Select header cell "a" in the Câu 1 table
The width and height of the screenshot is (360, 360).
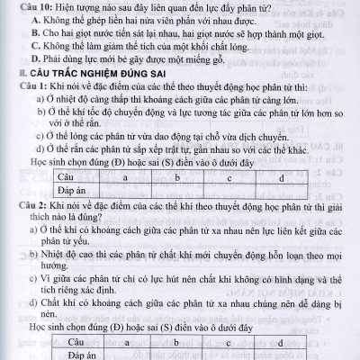[x=126, y=181]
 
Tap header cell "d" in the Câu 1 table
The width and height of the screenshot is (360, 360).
[x=282, y=181]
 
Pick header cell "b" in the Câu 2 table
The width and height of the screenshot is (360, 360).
[x=177, y=343]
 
